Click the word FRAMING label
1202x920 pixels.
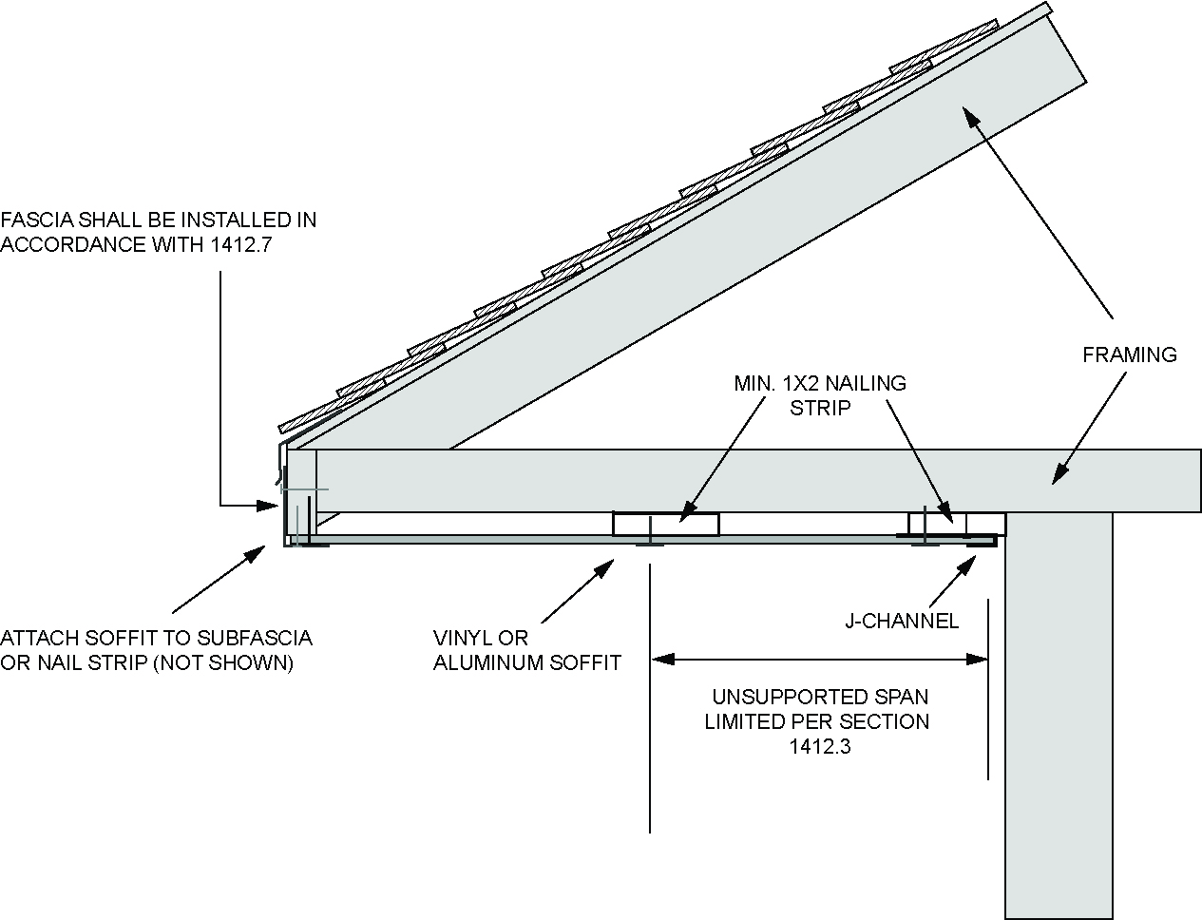click(1129, 355)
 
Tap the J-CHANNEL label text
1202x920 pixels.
click(902, 622)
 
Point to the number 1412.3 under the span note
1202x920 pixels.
click(819, 746)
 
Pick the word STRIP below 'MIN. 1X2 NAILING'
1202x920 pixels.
click(819, 408)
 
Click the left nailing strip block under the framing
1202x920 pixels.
click(665, 523)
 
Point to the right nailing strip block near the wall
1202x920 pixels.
click(937, 523)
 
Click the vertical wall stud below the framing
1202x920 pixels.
click(1058, 713)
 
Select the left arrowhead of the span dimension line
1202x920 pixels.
click(659, 658)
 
